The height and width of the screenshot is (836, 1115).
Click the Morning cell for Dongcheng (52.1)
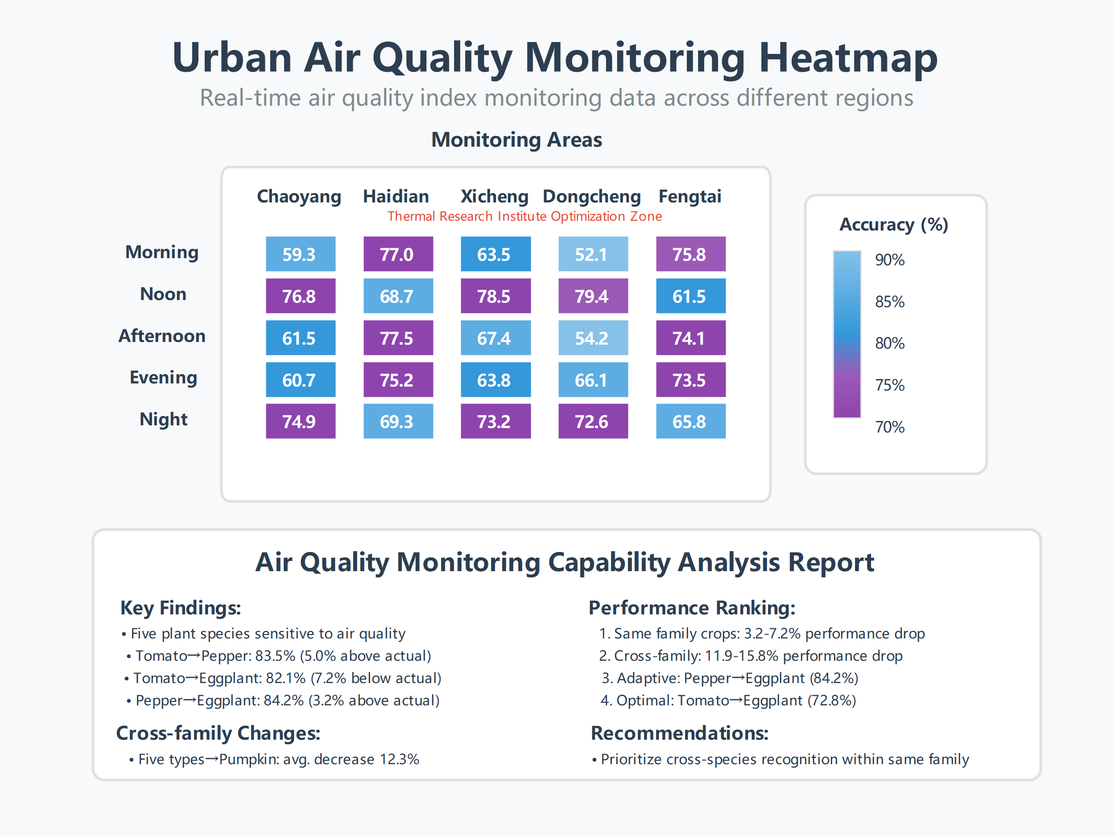pos(593,254)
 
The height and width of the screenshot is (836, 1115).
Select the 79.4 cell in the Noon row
pos(593,296)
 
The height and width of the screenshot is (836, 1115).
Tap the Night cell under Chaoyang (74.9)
pos(301,421)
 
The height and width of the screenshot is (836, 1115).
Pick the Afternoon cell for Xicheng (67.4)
pos(495,338)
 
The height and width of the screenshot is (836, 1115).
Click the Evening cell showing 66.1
pos(593,379)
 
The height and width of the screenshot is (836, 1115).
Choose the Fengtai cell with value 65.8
pos(690,421)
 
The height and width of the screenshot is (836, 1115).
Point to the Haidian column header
pos(396,196)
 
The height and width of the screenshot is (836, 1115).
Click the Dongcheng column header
pos(591,196)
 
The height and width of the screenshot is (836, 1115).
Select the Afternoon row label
pos(162,336)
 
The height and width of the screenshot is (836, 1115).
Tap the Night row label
pos(163,419)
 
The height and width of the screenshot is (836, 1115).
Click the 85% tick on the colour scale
pos(889,301)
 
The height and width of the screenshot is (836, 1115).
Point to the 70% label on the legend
pos(889,427)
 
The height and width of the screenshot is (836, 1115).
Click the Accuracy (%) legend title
pos(893,224)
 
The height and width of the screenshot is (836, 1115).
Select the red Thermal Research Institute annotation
pos(524,216)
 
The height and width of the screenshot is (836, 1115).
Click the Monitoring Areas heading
pos(516,140)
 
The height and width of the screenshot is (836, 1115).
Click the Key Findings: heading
pos(181,608)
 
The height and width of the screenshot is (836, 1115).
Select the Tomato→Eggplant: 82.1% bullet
pos(283,678)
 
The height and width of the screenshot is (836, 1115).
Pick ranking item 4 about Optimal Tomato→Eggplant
pos(728,700)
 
